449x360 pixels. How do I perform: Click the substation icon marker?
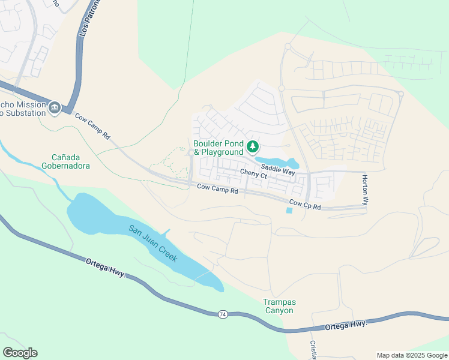point(55,107)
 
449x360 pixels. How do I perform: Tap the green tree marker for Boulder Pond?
point(253,146)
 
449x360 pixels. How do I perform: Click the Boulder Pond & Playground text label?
point(218,148)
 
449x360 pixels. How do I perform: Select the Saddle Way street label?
point(277,170)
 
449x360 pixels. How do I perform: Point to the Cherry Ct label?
point(253,173)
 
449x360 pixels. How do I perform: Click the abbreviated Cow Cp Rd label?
point(305,205)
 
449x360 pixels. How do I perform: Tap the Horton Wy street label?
point(364,190)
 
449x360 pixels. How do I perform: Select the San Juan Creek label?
point(152,242)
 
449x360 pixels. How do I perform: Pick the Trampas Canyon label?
point(279,306)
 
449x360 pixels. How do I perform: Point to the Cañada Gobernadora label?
point(66,161)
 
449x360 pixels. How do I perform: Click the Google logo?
point(20,353)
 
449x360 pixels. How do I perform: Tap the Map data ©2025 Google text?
point(411,355)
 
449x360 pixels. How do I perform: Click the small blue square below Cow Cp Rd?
point(290,210)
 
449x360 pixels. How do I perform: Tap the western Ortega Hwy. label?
point(105,267)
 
